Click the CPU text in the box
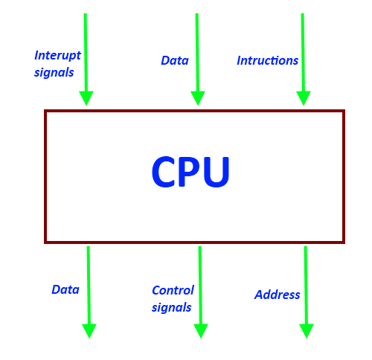pyautogui.click(x=190, y=171)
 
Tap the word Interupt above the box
pyautogui.click(x=57, y=56)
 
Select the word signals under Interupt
pyautogui.click(x=54, y=73)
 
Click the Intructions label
pyautogui.click(x=267, y=60)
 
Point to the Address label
pyautogui.click(x=277, y=295)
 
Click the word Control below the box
pyautogui.click(x=173, y=290)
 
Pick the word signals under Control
pyautogui.click(x=171, y=308)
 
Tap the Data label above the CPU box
pyautogui.click(x=175, y=60)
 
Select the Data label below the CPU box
pyautogui.click(x=65, y=289)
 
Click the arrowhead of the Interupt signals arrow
pyautogui.click(x=86, y=98)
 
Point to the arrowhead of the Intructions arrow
pyautogui.click(x=304, y=98)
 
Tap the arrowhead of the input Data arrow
pyautogui.click(x=198, y=98)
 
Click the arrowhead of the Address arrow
pyautogui.click(x=307, y=331)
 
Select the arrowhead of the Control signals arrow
pyautogui.click(x=201, y=331)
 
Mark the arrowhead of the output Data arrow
pyautogui.click(x=89, y=331)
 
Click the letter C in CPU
pyautogui.click(x=164, y=171)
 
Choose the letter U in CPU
pyautogui.click(x=217, y=172)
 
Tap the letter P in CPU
pyautogui.click(x=190, y=171)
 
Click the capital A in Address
pyautogui.click(x=259, y=295)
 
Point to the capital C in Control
pyautogui.click(x=156, y=290)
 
